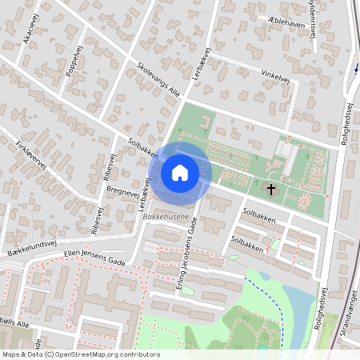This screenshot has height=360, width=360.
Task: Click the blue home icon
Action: [x=180, y=172]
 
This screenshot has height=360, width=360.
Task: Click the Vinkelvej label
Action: [x=275, y=76]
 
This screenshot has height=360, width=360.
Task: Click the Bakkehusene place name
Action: [x=166, y=218]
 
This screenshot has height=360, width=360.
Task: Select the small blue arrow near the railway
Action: [x=355, y=68]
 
